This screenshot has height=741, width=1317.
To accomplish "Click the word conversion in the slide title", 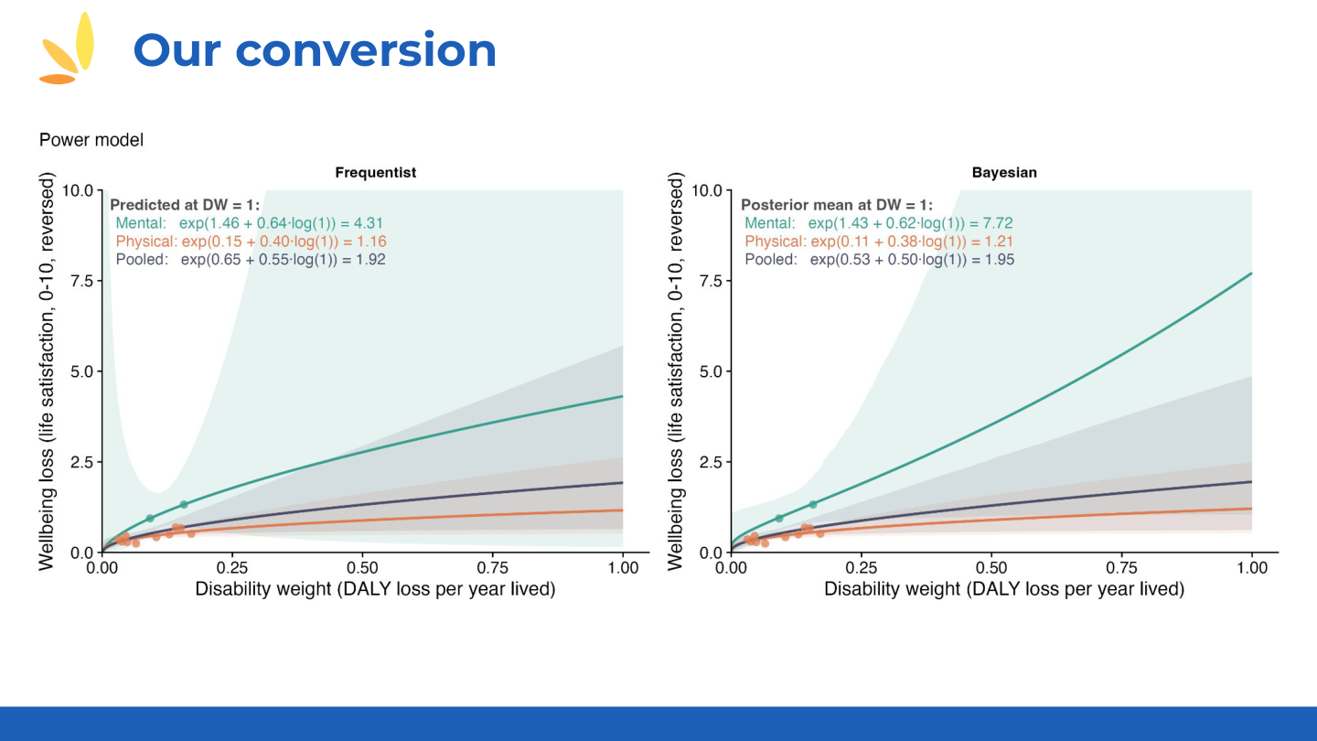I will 366,50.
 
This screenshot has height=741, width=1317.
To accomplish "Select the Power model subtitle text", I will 91,140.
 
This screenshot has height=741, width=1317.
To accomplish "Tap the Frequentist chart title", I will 375,172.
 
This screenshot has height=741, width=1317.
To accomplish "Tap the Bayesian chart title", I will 1004,172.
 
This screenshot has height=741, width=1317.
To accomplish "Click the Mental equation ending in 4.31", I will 251,223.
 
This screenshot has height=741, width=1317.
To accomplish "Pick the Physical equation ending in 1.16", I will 251,242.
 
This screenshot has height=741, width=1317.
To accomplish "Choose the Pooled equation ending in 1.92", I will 251,260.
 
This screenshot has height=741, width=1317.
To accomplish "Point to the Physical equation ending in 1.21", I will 878,242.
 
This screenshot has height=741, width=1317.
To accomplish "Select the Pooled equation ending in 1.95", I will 878,260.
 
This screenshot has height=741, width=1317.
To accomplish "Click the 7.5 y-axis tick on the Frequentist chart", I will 82,281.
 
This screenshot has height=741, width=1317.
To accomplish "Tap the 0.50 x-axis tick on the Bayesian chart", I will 991,568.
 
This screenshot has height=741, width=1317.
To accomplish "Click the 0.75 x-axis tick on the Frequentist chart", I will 493,568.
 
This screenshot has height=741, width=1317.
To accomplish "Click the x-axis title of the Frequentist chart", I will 375,589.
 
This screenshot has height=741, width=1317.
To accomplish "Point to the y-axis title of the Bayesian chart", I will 677,371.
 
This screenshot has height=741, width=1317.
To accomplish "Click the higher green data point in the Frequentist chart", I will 184,504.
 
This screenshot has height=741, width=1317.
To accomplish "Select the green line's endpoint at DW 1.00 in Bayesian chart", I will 1251,274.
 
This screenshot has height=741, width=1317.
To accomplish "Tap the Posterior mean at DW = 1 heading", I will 836,206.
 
